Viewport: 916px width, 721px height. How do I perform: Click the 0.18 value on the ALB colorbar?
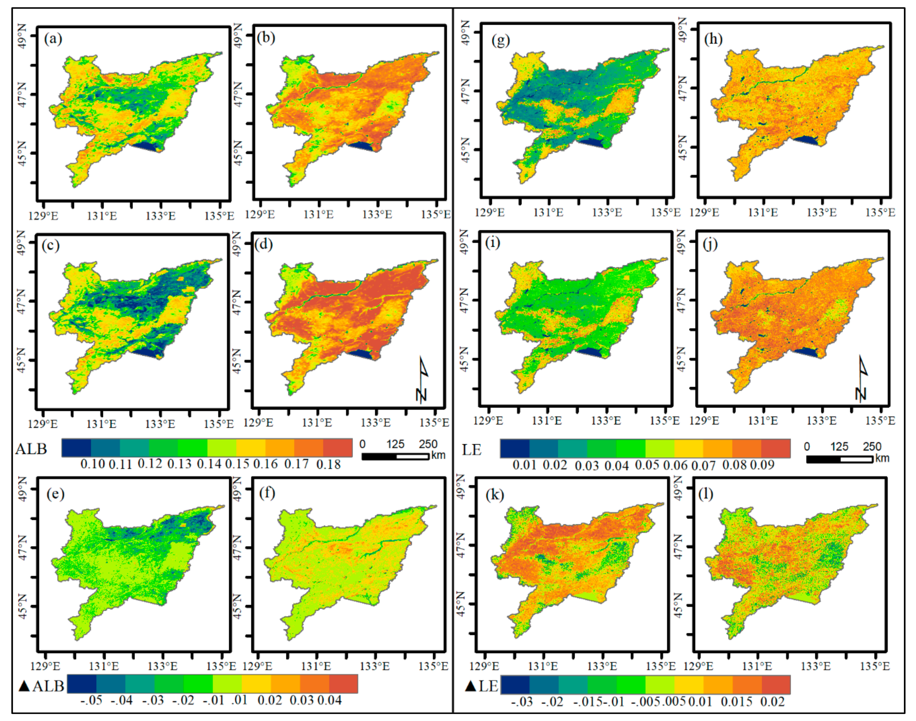[328, 464]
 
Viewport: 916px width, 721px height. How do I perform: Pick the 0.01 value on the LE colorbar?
[524, 465]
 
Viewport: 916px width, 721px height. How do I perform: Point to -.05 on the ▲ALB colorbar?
[91, 700]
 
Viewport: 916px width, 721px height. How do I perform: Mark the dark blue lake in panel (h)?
[805, 140]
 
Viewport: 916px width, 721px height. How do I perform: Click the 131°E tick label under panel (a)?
[102, 216]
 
